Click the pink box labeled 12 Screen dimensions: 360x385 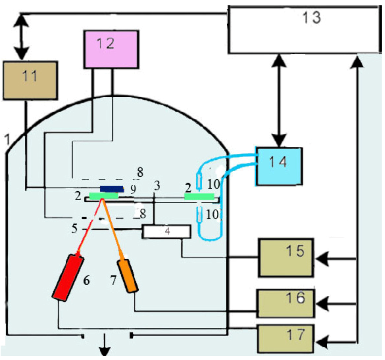111,49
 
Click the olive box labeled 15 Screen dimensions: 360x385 285,257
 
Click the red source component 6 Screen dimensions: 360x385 68,277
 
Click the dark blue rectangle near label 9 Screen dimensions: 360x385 111,189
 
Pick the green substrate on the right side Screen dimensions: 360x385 199,196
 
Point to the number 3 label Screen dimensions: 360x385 157,185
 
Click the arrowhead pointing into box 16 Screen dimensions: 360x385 321,304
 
